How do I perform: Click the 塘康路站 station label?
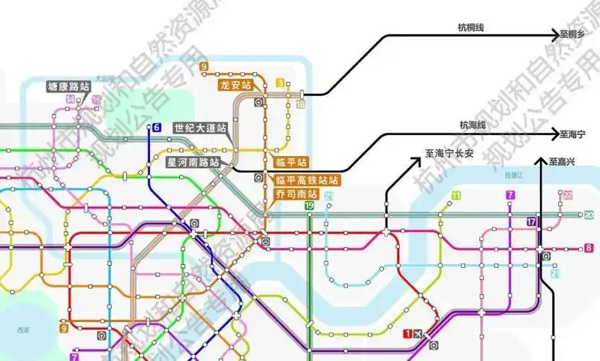click(x=69, y=86)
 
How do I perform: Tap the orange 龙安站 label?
click(x=235, y=85)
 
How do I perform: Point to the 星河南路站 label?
click(x=193, y=162)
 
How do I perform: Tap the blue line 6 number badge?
click(x=156, y=128)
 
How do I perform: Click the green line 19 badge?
click(x=309, y=206)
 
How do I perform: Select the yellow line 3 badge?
click(x=280, y=83)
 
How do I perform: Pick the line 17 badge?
click(x=533, y=222)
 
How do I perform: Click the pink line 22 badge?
click(x=568, y=195)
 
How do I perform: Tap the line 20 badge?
click(x=588, y=215)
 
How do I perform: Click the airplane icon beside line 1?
click(x=420, y=333)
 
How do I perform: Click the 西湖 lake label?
click(x=24, y=329)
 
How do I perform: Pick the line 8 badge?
click(x=588, y=248)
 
